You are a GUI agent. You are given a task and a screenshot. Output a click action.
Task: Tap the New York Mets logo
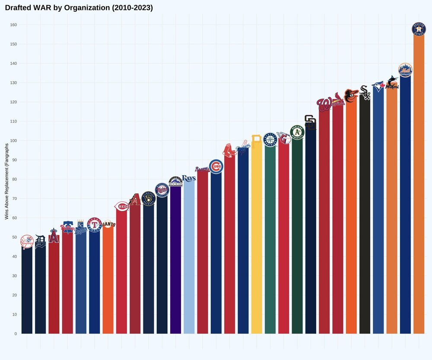405,70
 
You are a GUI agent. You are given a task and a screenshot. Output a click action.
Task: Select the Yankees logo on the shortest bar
27,242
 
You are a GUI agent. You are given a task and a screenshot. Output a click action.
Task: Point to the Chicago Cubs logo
216,166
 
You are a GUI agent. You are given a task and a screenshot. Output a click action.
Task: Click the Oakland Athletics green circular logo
297,132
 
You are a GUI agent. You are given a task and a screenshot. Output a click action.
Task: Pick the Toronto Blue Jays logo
378,86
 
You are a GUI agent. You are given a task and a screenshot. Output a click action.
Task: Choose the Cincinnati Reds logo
121,207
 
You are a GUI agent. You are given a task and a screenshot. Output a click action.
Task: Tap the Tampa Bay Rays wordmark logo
189,178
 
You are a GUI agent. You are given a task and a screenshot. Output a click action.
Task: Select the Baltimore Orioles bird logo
351,96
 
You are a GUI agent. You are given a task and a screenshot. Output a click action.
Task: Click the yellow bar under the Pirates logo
257,242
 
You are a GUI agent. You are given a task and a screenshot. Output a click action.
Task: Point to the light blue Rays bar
189,259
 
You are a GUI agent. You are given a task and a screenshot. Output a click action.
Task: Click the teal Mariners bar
270,242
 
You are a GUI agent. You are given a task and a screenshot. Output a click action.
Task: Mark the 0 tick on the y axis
16,334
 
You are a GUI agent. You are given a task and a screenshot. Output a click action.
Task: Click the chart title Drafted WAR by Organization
79,8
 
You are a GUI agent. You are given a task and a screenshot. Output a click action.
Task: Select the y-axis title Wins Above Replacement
7,181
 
